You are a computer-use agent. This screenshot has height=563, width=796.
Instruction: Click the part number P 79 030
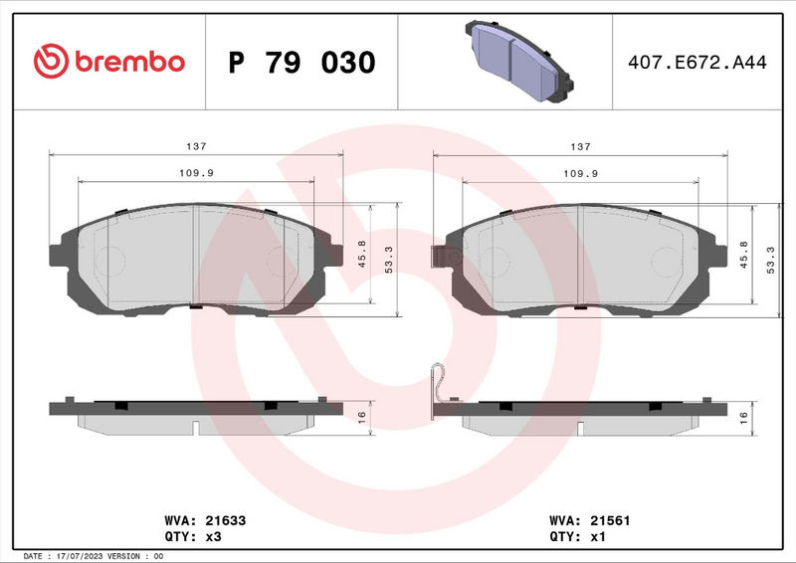(x=301, y=63)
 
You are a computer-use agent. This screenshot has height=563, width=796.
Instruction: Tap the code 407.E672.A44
(x=696, y=63)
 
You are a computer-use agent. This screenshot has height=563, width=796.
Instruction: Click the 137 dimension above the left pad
(x=196, y=146)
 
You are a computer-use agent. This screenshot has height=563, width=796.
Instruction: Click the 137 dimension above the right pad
(x=580, y=146)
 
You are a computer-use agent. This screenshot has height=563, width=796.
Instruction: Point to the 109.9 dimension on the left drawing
(x=196, y=173)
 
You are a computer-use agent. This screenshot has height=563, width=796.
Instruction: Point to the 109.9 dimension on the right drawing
(x=580, y=173)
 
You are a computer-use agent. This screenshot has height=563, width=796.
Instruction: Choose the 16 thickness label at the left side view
(x=362, y=418)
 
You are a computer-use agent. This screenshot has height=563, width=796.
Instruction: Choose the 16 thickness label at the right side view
(x=743, y=418)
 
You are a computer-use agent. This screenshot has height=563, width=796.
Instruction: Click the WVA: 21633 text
(x=204, y=520)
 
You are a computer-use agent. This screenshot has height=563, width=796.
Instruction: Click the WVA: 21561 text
(x=590, y=520)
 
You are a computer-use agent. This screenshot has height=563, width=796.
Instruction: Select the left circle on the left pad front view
(x=109, y=262)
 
